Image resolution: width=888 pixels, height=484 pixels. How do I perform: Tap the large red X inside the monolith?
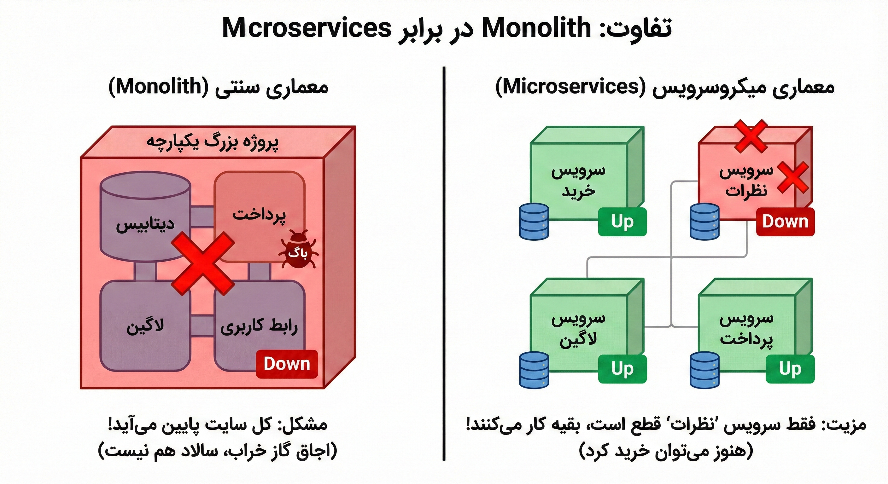coord(203,263)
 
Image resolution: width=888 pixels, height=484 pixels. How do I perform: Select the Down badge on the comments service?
coord(785,222)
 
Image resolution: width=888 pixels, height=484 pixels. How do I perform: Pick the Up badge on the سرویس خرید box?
coord(622,222)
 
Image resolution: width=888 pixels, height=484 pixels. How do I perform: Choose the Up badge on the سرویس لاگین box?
coord(622,369)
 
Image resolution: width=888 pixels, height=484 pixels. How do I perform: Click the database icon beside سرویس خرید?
coord(534,222)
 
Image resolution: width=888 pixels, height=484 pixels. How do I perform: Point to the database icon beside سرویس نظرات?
coord(704,222)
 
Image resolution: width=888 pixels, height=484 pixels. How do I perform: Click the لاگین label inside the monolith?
coord(145,326)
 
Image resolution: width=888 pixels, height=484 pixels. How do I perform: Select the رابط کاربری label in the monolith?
coord(259,326)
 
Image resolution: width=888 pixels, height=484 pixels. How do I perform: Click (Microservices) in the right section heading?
coord(570,87)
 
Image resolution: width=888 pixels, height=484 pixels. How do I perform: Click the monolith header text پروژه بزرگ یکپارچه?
coord(213,142)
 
